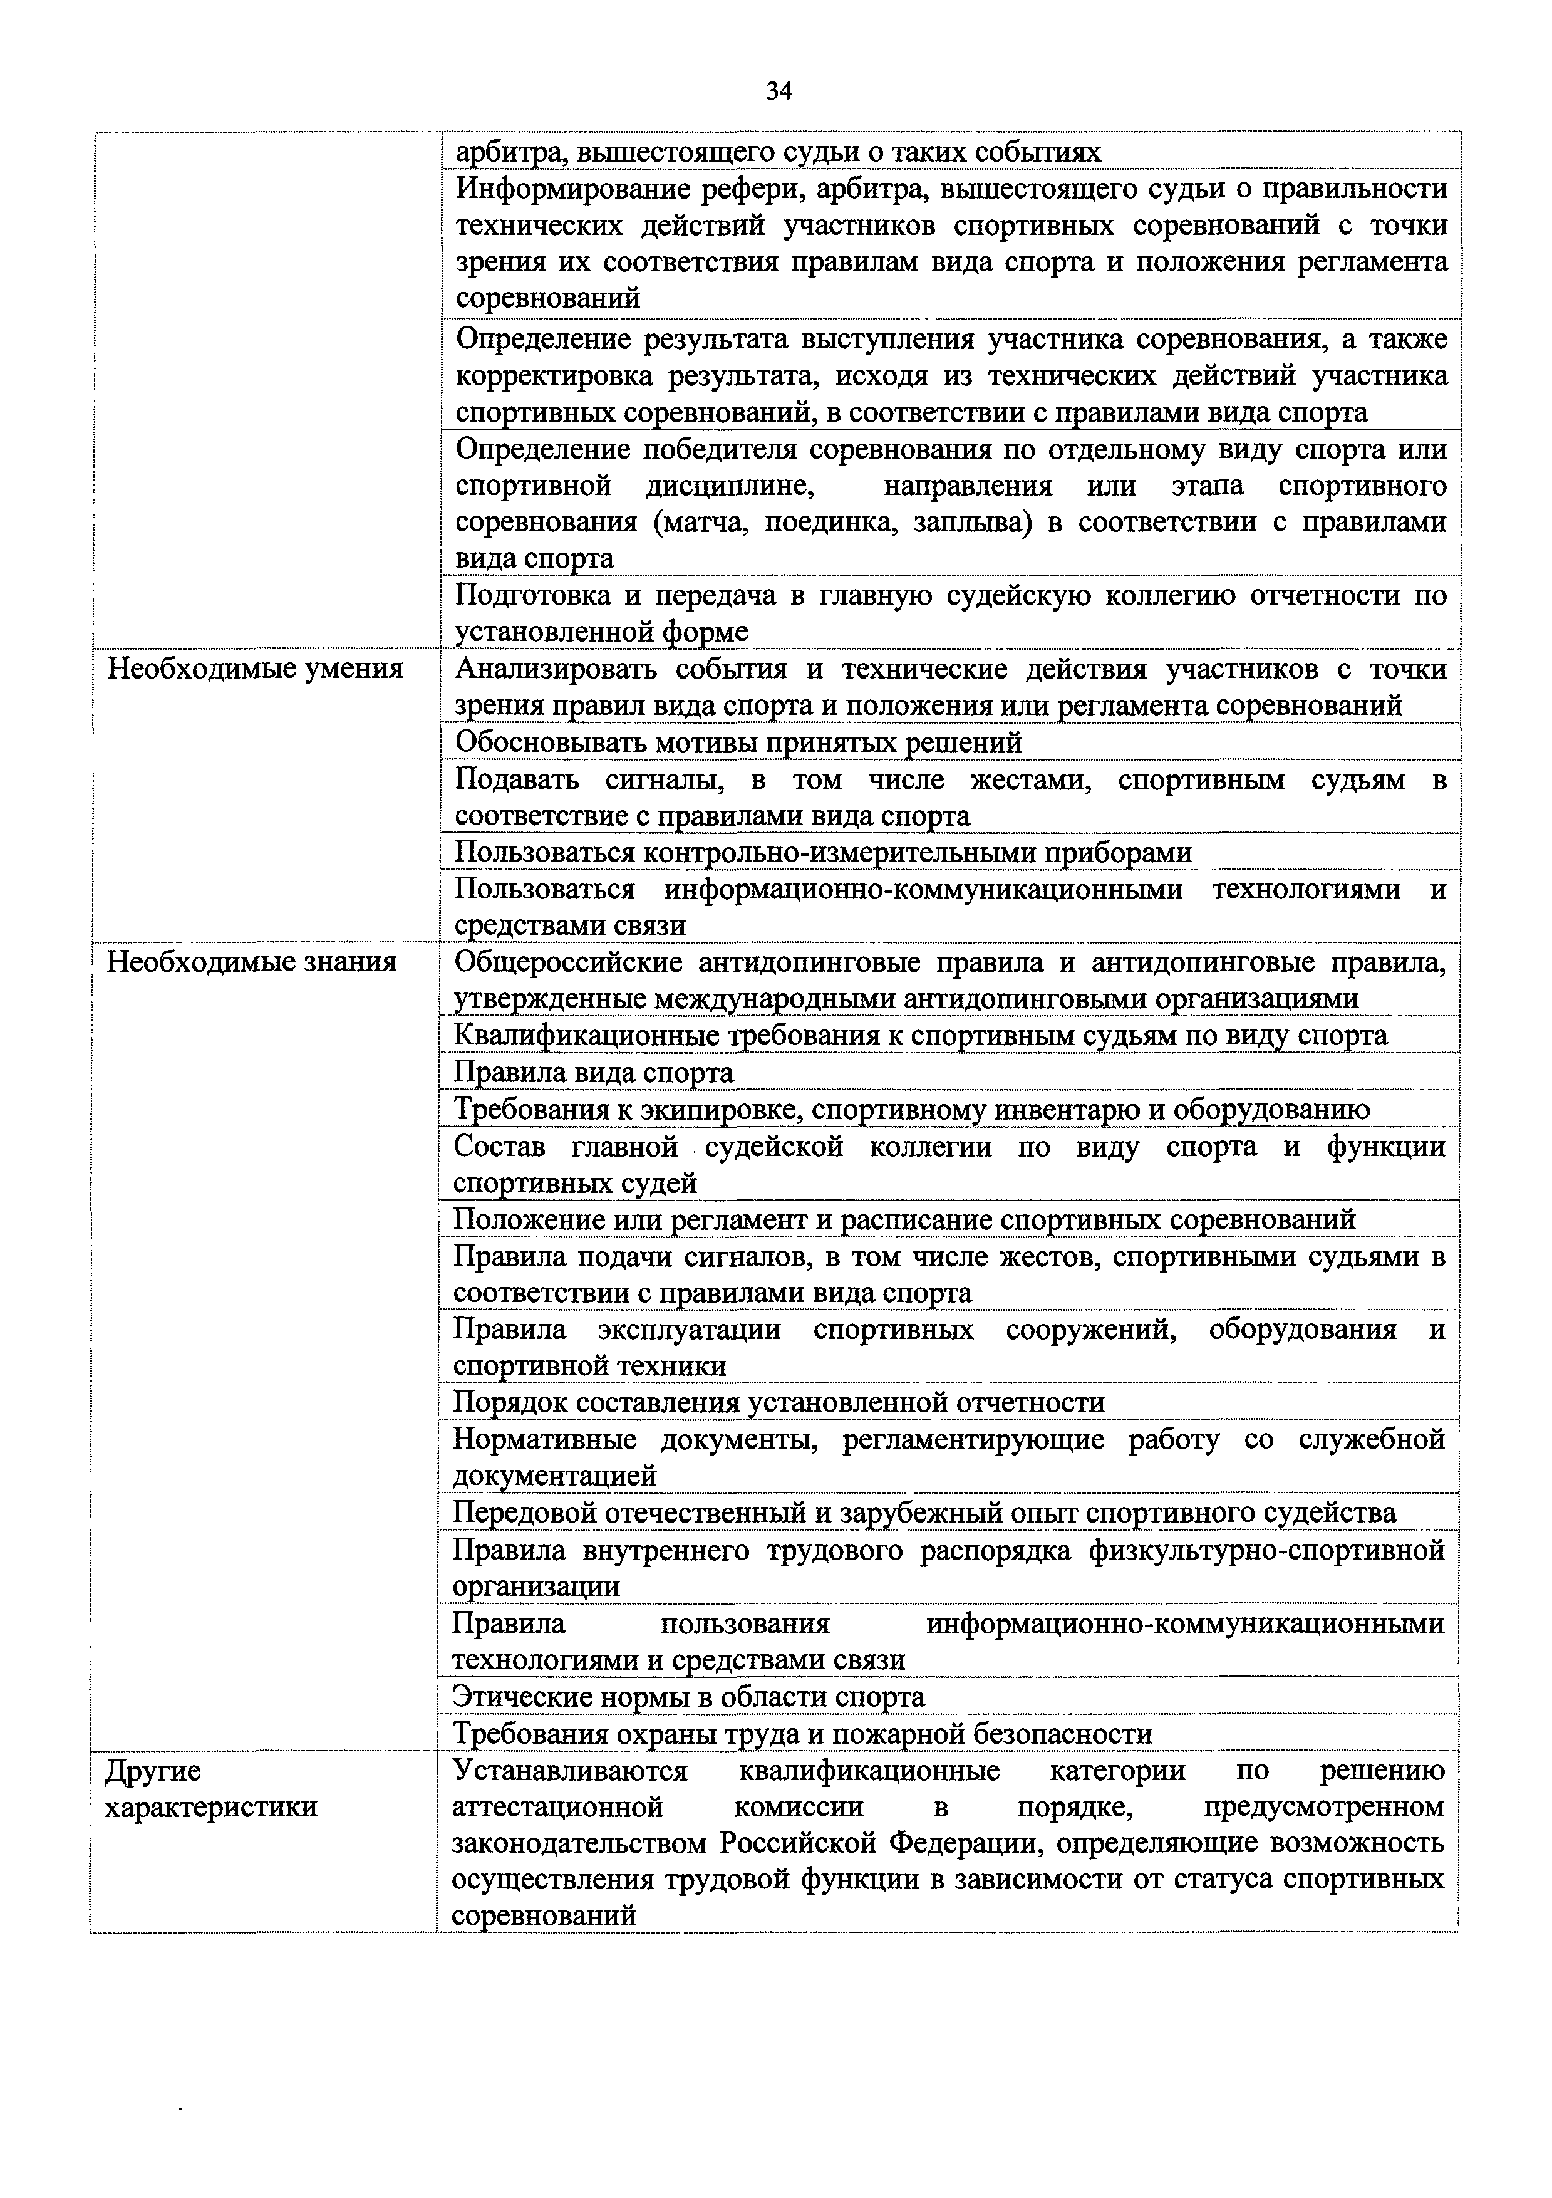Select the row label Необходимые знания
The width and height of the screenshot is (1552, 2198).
point(251,961)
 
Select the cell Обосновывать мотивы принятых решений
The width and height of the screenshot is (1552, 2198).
point(738,742)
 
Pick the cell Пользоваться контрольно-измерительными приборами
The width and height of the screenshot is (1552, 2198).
point(823,852)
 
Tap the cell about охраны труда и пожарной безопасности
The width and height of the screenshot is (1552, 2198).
point(802,1734)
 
